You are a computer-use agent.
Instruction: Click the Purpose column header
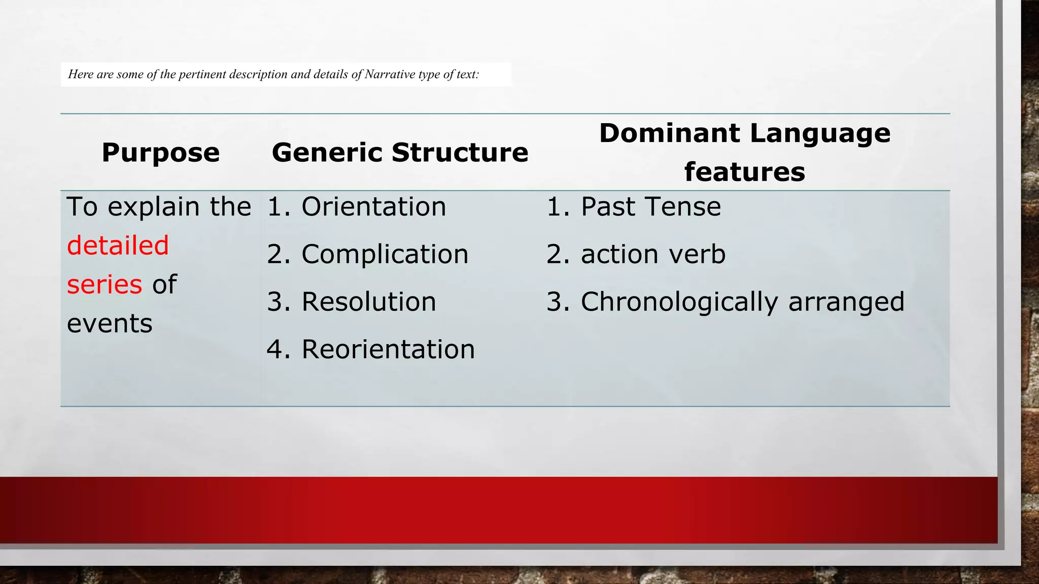(161, 153)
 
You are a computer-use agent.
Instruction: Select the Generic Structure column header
(400, 153)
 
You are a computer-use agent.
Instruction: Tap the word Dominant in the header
(669, 133)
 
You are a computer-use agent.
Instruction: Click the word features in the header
(744, 172)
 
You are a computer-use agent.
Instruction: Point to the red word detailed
(118, 245)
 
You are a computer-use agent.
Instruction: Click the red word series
(105, 284)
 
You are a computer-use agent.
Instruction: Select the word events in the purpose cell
(110, 323)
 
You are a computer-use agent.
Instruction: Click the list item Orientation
(373, 207)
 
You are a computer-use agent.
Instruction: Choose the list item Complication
(385, 254)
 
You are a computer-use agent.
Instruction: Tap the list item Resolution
(369, 302)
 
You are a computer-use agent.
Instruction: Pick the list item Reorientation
(388, 349)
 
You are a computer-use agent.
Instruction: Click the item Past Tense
(650, 207)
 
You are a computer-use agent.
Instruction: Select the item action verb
(653, 254)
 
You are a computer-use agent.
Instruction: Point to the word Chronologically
(679, 302)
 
